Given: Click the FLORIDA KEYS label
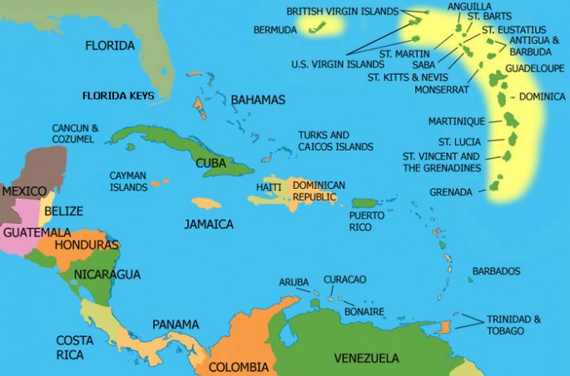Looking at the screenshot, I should [117, 96].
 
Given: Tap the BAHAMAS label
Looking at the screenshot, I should [257, 100].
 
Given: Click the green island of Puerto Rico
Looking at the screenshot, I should [364, 203].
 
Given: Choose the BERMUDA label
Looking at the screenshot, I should [275, 30].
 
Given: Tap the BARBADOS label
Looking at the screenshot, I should [496, 271].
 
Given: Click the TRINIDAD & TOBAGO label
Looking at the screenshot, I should [513, 324].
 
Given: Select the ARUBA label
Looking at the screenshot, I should [294, 282].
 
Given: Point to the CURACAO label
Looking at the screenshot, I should [344, 279].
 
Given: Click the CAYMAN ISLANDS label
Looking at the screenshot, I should [129, 181].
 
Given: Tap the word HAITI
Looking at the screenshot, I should [269, 187].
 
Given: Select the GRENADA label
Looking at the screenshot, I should [450, 192].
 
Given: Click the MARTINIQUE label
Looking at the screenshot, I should [455, 121].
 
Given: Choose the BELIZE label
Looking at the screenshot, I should [63, 211].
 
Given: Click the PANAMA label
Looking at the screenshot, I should [176, 324].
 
